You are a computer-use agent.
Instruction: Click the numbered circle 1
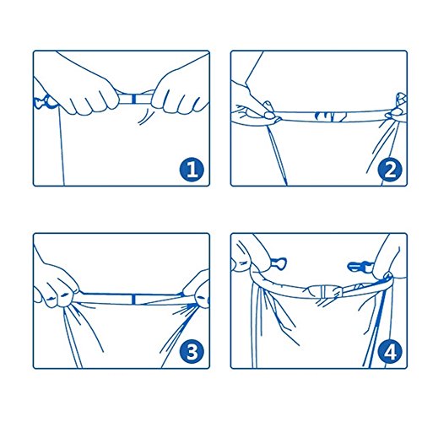coord(192,170)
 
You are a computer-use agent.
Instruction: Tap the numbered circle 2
coord(390,170)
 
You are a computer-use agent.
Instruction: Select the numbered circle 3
coord(192,352)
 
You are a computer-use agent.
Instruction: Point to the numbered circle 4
coord(390,352)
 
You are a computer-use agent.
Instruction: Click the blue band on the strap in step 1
coord(134,99)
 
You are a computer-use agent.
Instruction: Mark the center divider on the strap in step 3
coord(134,299)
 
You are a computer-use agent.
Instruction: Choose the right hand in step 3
coord(197,289)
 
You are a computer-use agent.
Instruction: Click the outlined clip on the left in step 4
coord(278,263)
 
